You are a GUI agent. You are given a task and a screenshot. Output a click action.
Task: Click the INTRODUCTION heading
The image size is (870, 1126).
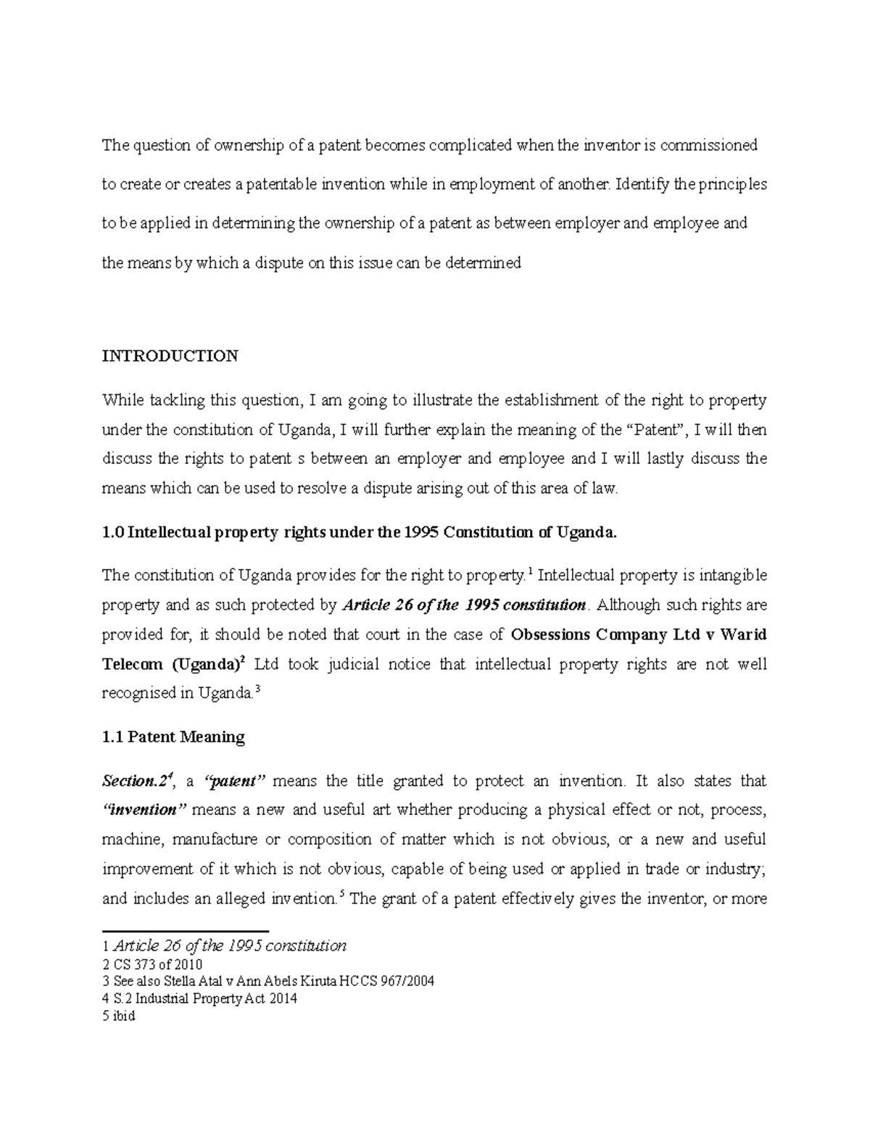170,356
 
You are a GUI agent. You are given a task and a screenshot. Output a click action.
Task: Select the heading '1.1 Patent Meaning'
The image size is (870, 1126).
173,737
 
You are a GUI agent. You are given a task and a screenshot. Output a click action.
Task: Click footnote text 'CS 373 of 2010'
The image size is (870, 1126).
158,964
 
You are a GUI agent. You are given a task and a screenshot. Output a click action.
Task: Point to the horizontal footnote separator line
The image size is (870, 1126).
185,930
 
